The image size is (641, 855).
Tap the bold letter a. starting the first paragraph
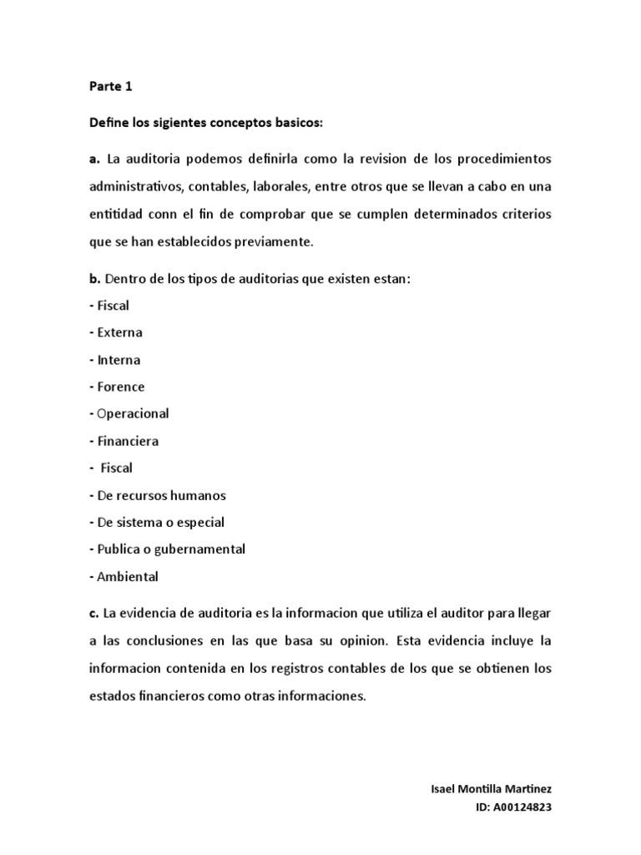(x=94, y=159)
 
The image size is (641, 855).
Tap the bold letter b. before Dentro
(x=94, y=278)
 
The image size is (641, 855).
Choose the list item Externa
(x=119, y=332)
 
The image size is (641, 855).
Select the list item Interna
(x=119, y=360)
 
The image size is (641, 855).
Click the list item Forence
(x=120, y=387)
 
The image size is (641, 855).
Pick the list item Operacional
(x=133, y=413)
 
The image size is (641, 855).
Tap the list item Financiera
(x=128, y=441)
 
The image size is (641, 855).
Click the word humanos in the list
(x=196, y=495)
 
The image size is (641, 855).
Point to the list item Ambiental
(x=127, y=576)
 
